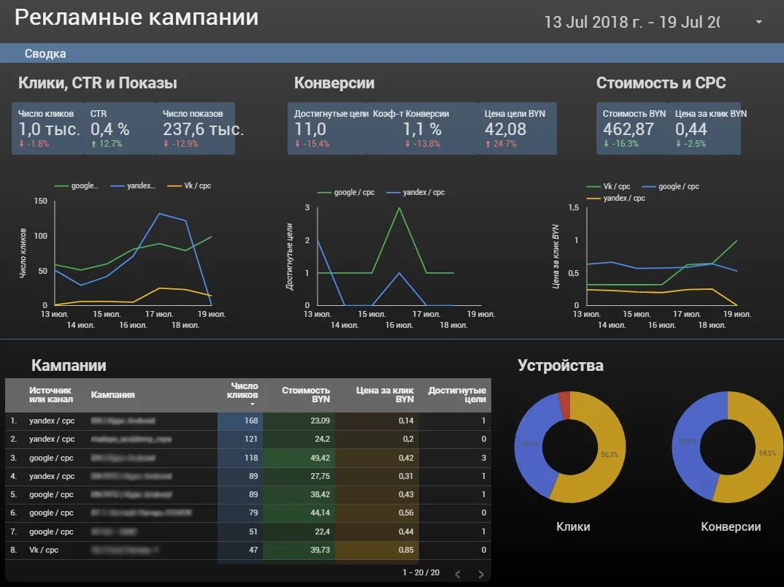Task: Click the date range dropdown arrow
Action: pos(758,22)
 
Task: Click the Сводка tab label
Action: pos(45,53)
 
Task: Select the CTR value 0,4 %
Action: pos(109,129)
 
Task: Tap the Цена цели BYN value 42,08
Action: pos(505,129)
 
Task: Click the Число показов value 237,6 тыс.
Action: pos(203,129)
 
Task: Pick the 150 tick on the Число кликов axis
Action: pos(40,202)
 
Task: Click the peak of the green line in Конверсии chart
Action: pos(399,208)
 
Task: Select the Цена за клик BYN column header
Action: pos(385,395)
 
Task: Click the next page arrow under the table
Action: pos(480,574)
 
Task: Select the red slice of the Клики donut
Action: pos(564,403)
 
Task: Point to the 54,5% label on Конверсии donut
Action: pos(767,453)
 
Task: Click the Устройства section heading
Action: pos(560,366)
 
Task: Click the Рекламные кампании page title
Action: pos(137,18)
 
